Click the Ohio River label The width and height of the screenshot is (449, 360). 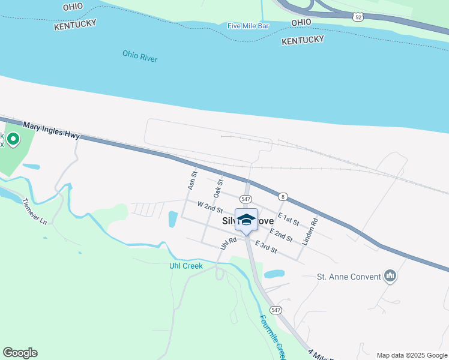pos(139,56)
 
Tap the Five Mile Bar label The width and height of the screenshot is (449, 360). pos(248,26)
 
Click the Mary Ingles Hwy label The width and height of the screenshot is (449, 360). pos(52,130)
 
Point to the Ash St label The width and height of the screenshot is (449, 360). pos(193,181)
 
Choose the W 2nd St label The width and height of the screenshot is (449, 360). pos(211,208)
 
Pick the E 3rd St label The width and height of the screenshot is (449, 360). pos(266,246)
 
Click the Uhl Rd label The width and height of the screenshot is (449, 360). pos(229,243)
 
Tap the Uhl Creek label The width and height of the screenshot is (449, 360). pos(185,265)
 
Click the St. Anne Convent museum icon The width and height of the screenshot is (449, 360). pos(391,277)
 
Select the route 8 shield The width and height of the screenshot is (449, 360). pos(282,196)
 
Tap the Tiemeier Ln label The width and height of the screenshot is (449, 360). pos(34,211)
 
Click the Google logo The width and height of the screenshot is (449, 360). pos(20,353)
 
